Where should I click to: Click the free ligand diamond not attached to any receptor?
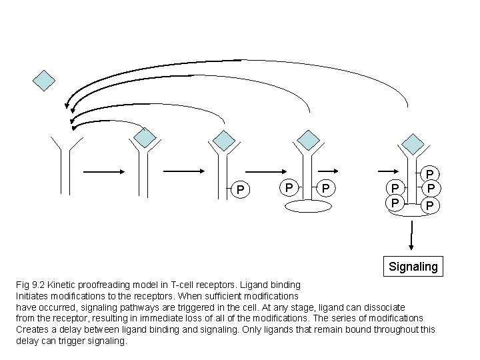[45, 81]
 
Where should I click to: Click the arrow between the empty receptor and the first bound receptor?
[102, 172]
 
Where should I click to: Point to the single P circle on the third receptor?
[240, 190]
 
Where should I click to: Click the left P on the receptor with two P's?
[287, 188]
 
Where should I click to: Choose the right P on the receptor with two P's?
[325, 189]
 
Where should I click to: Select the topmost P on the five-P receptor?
[430, 175]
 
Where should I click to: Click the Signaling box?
[413, 267]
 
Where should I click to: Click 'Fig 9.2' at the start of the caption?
[30, 285]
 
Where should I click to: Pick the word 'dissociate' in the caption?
[381, 307]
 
